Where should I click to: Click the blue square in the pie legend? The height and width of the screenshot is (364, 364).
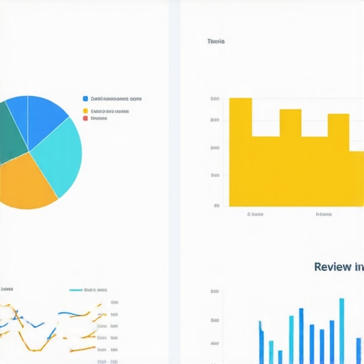86,99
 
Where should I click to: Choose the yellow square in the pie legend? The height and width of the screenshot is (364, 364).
86,111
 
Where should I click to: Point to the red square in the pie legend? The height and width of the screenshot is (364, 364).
86,118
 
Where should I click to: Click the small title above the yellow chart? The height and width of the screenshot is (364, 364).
216,41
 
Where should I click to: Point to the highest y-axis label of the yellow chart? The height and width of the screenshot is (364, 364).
215,99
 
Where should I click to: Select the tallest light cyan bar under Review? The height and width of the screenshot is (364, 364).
341,331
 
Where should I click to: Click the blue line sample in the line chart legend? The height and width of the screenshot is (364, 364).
75,290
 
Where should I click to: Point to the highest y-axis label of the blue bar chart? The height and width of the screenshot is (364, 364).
215,291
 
